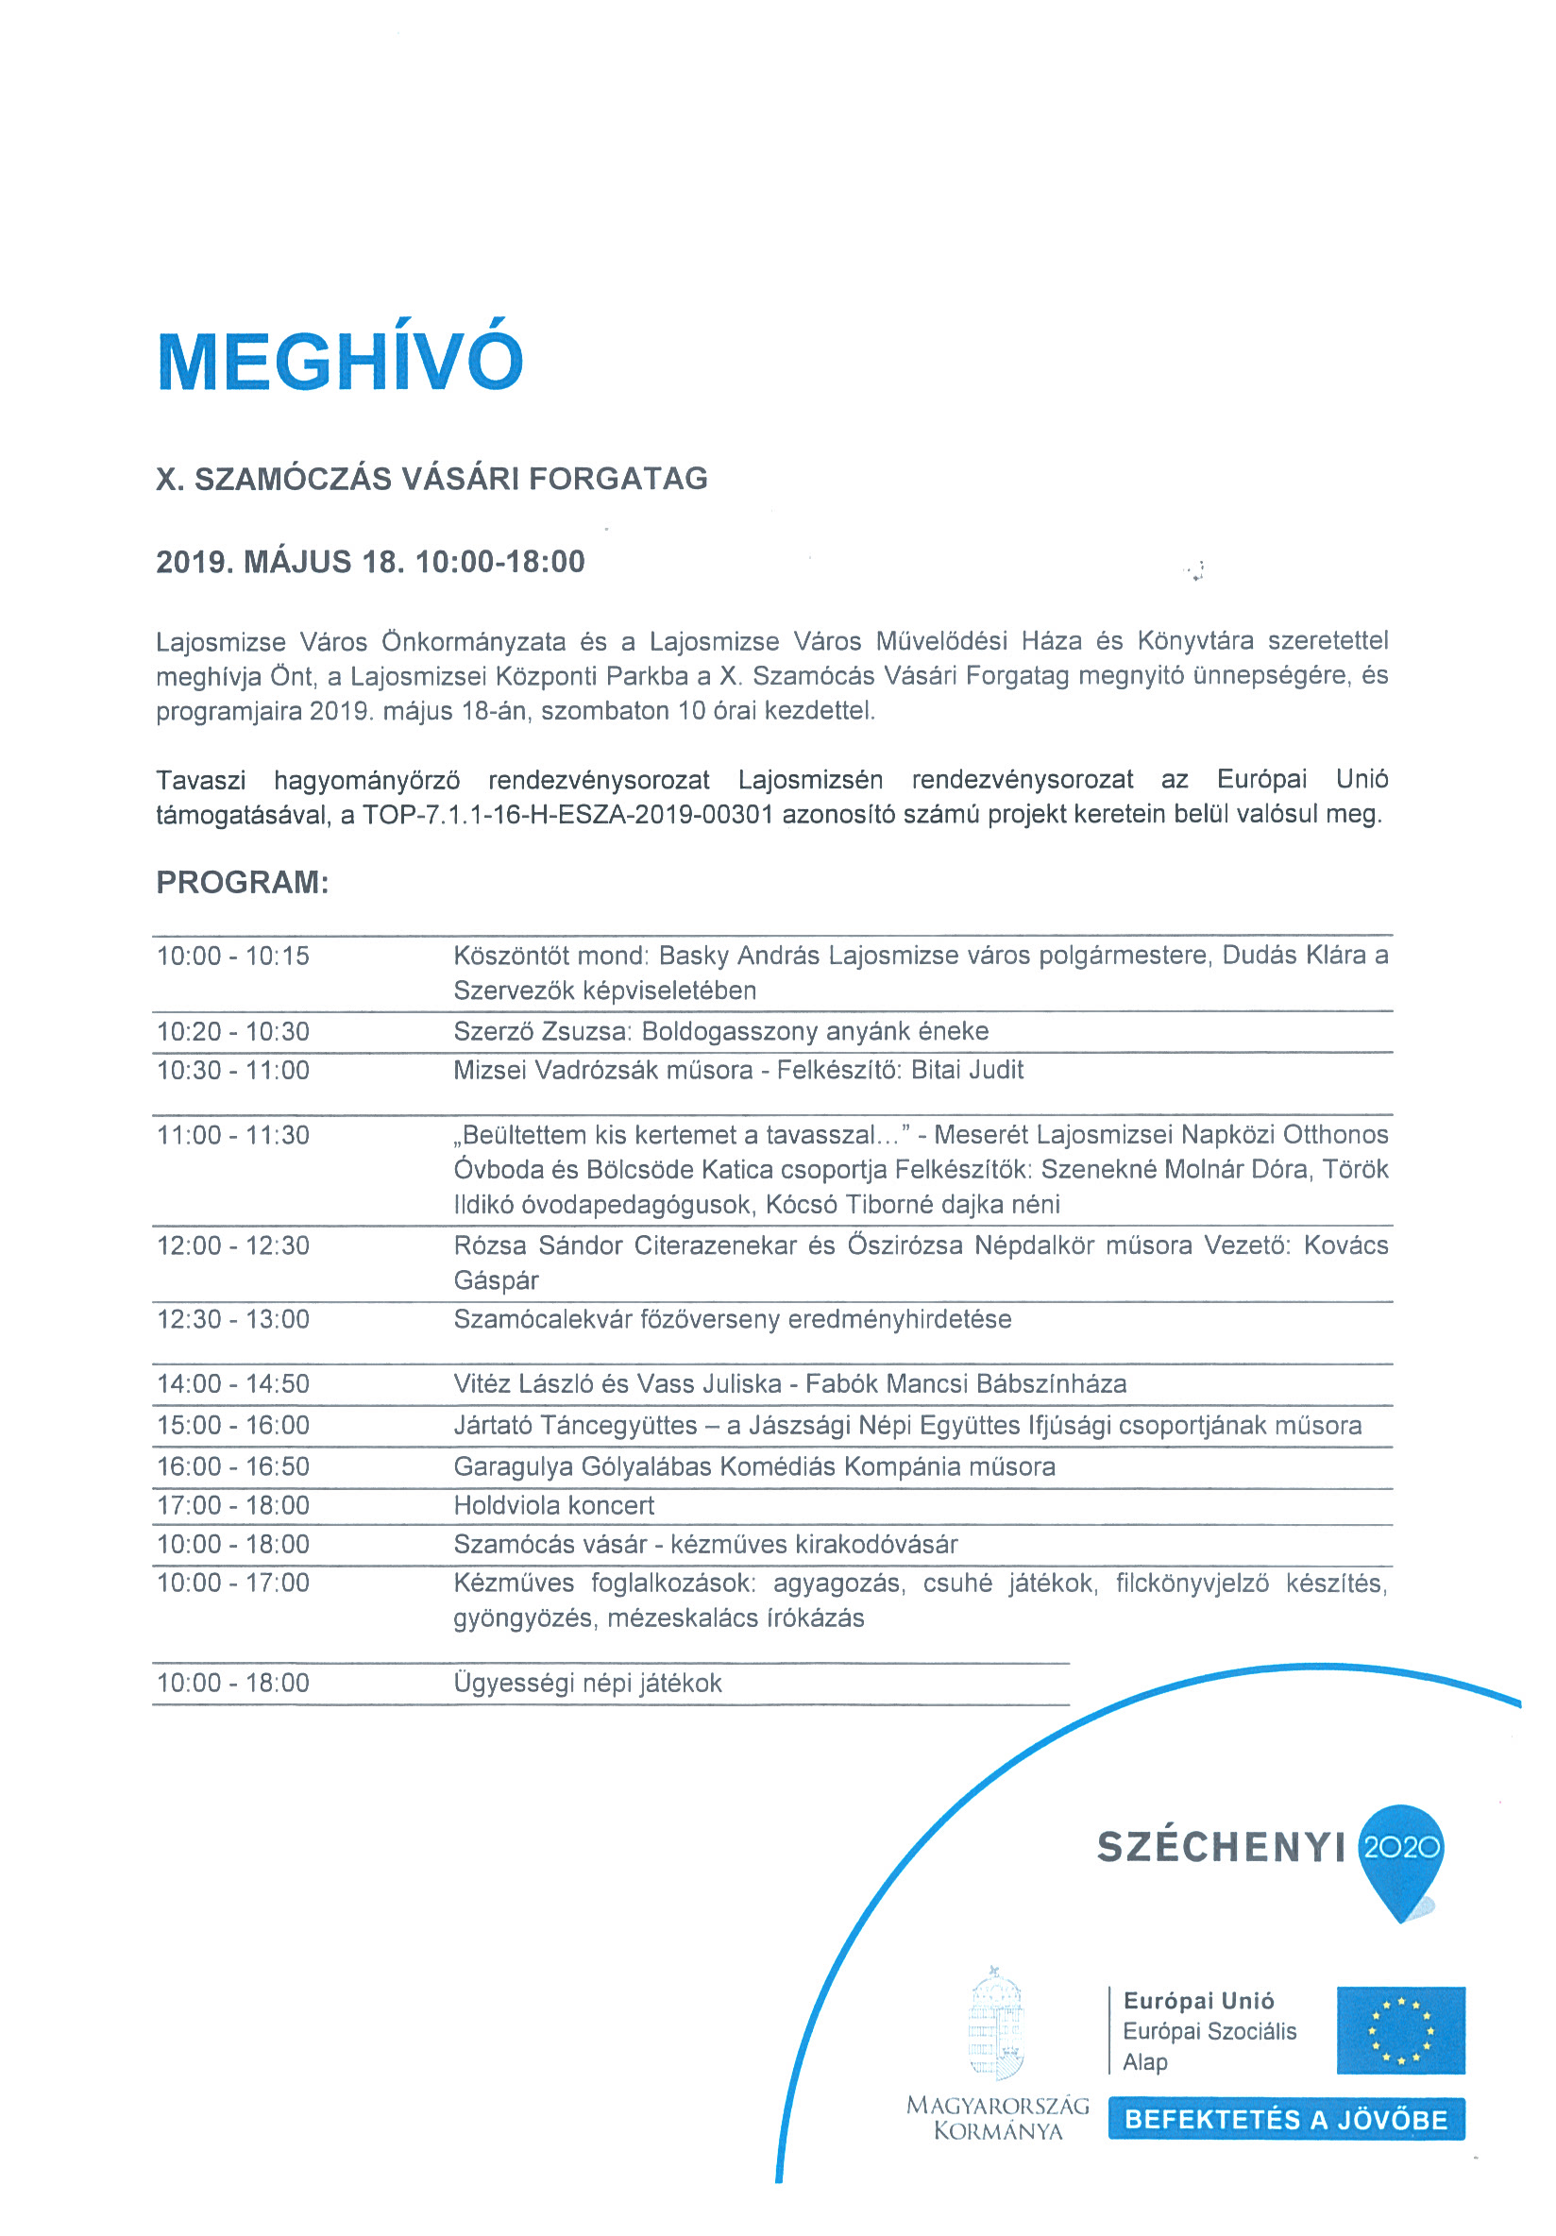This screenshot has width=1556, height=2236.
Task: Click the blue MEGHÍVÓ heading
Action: tap(340, 362)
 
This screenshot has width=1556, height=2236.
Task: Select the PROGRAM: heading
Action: tap(243, 881)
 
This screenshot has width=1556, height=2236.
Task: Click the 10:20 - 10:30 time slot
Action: tap(232, 1031)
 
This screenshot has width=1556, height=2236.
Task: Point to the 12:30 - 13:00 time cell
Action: tap(232, 1318)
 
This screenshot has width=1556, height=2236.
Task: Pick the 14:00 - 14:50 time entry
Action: tap(232, 1384)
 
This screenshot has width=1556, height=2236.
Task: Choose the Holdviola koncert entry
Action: tap(553, 1505)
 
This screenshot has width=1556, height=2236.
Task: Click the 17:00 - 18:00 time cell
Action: tap(232, 1505)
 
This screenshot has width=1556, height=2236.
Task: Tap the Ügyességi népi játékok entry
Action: tap(587, 1683)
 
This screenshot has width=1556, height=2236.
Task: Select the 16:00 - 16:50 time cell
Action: tap(232, 1466)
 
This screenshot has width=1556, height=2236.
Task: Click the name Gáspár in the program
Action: tap(496, 1279)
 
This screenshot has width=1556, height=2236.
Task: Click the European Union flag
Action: tap(1399, 2030)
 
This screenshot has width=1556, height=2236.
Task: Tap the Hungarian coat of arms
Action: tap(995, 2024)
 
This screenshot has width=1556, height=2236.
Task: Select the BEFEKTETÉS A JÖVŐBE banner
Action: tap(1285, 2119)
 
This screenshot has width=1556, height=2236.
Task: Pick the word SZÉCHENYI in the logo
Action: tap(1220, 1847)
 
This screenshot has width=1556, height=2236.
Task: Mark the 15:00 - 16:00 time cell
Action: tap(232, 1426)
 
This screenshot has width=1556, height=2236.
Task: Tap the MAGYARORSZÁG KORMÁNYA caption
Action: tap(997, 2118)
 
